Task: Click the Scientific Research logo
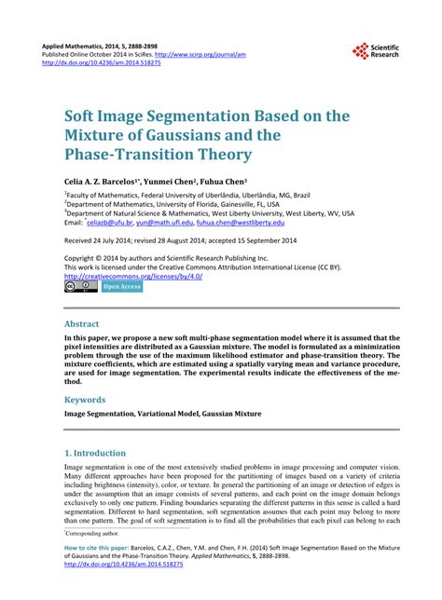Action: pos(378,53)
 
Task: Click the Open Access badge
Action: pos(121,287)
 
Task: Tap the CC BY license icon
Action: pos(80,287)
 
